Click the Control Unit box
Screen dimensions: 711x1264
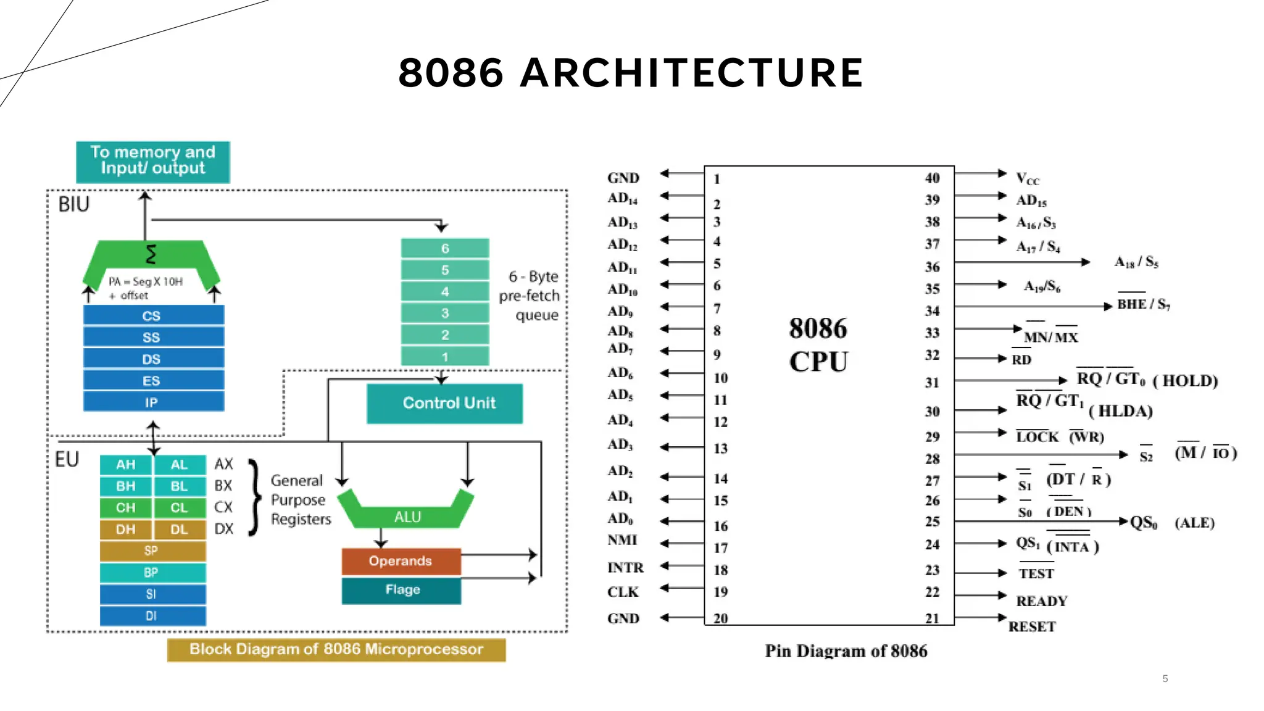coord(444,403)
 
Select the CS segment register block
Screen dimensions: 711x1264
coord(153,315)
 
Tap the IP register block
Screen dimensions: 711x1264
coord(153,402)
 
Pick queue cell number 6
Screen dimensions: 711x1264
coord(445,248)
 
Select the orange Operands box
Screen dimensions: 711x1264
coord(401,561)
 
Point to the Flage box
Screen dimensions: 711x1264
coord(402,590)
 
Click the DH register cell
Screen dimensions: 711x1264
coord(126,529)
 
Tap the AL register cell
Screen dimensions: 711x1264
coord(179,465)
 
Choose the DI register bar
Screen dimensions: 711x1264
coord(152,615)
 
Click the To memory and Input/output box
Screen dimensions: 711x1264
coord(152,161)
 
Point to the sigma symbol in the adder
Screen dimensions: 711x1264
coord(151,254)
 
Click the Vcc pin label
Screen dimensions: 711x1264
coord(1028,179)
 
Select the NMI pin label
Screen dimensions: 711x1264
coord(622,540)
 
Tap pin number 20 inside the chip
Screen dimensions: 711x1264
coord(720,618)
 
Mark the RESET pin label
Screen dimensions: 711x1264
coord(1032,626)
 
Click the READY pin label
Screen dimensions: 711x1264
coord(1042,601)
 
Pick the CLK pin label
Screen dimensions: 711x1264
coord(623,592)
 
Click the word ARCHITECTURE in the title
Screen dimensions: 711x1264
coord(691,73)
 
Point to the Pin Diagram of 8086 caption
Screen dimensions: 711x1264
coord(846,651)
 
